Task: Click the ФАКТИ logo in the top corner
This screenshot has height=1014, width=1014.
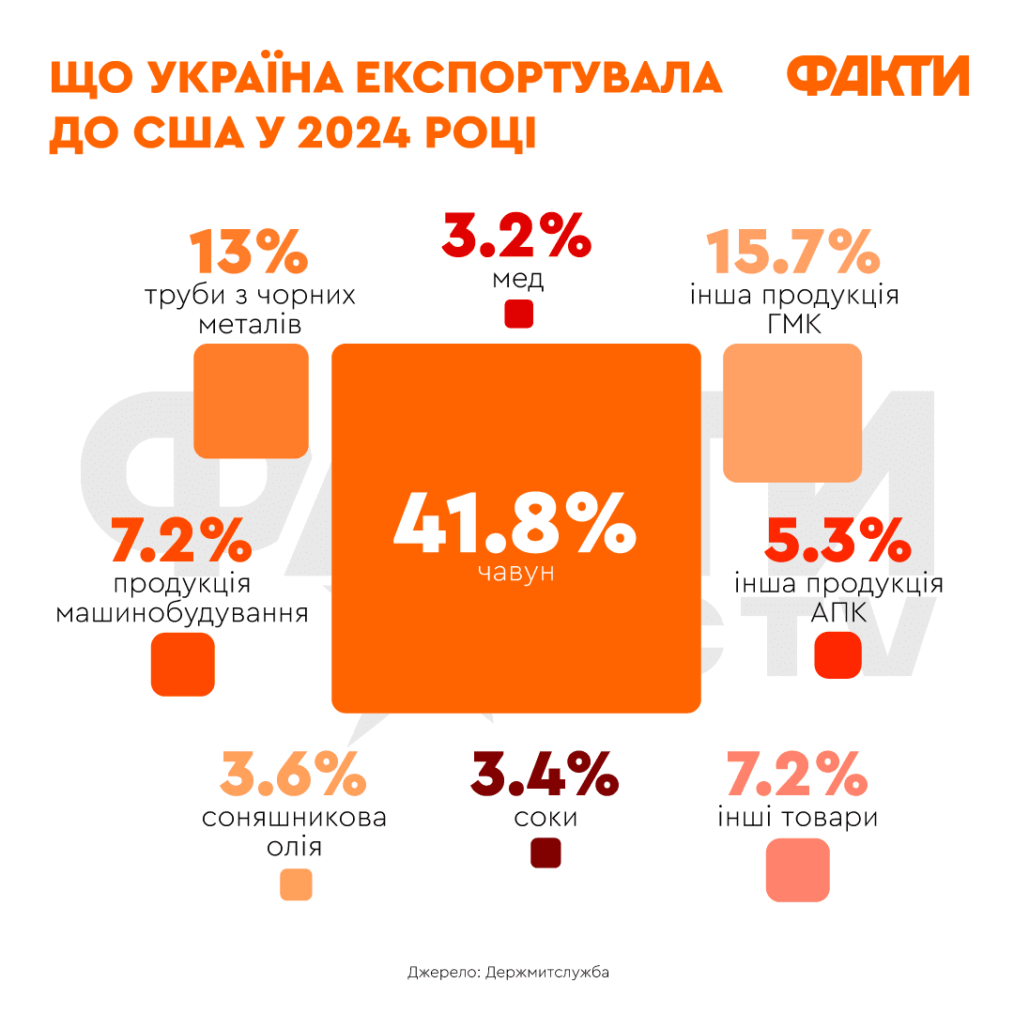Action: [877, 76]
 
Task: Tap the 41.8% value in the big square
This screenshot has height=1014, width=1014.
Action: [515, 524]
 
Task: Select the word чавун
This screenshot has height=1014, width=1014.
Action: [515, 572]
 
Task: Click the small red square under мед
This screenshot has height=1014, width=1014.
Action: [518, 314]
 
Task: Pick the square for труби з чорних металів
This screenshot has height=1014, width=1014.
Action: [251, 401]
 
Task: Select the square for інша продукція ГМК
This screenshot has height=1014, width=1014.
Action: [792, 413]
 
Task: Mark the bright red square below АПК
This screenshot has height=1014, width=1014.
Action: [837, 654]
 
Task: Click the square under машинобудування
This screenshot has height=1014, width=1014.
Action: [183, 664]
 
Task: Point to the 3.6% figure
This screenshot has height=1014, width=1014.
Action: [294, 774]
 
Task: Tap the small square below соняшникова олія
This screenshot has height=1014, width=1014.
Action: [296, 884]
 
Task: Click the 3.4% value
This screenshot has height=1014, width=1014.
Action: [545, 774]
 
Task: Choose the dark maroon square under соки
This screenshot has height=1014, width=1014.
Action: [545, 853]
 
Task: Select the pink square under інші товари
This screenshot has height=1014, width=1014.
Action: [798, 870]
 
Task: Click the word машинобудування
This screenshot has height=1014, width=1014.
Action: [183, 614]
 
